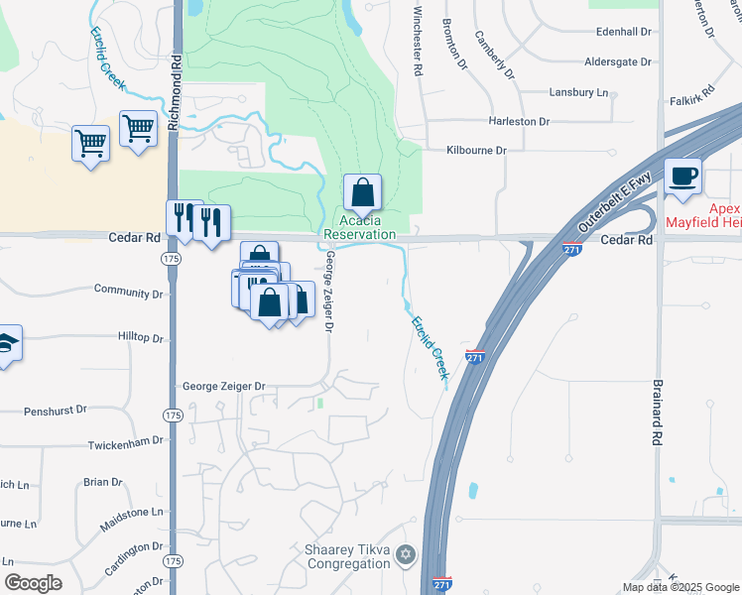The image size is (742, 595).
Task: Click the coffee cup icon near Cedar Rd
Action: click(x=682, y=178)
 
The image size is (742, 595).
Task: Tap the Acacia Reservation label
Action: click(x=359, y=227)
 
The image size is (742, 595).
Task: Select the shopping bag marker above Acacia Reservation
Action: click(x=363, y=192)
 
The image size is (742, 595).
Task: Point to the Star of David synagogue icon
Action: click(x=404, y=554)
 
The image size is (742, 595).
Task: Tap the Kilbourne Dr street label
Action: click(x=476, y=150)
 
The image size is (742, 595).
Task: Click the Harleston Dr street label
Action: click(x=519, y=121)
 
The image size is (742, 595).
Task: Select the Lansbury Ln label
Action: click(x=578, y=92)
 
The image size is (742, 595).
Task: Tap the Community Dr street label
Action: click(x=128, y=293)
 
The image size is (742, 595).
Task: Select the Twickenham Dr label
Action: click(x=124, y=445)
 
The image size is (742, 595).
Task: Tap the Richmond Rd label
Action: click(x=176, y=74)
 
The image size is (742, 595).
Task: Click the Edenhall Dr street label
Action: click(x=622, y=32)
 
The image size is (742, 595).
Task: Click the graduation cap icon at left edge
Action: click(x=6, y=344)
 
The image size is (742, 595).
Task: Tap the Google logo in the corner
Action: click(x=34, y=582)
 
